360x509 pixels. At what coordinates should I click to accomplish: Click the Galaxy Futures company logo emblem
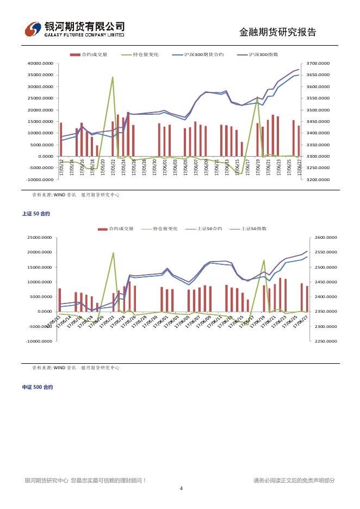pos(33,29)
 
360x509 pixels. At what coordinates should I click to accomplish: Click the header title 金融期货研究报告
pos(277,32)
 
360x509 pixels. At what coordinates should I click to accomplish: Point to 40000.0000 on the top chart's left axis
pos(40,64)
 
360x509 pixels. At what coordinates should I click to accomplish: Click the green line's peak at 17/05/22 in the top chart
pos(113,77)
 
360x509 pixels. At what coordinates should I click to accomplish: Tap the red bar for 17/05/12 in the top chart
pos(61,139)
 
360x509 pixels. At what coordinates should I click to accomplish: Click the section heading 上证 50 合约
pos(36,214)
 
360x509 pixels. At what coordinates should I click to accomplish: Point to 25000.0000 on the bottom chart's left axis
pos(40,238)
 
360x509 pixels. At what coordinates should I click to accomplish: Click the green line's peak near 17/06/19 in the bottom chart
pos(264,260)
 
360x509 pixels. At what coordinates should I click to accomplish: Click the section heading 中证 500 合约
pos(38,387)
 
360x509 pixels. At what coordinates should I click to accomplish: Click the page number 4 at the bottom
pos(181,488)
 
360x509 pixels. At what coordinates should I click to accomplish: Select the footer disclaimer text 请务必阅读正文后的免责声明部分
pos(294,480)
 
